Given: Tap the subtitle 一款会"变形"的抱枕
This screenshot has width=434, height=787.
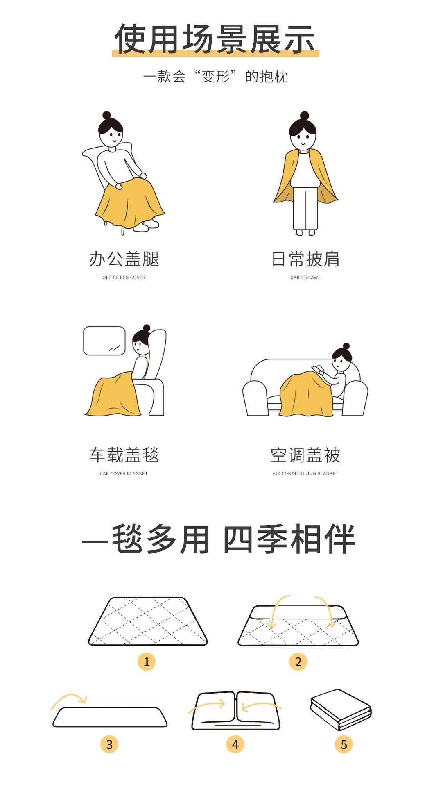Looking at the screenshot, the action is click(x=215, y=76).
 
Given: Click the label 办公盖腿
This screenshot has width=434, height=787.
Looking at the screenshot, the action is click(x=124, y=259).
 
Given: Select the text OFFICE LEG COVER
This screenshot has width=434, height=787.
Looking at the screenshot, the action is click(x=124, y=277).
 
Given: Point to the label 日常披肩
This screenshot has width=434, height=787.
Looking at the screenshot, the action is click(x=305, y=259).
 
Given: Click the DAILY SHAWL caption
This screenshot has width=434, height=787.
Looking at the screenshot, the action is click(x=305, y=277).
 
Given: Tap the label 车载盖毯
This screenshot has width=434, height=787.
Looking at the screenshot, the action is click(x=124, y=455).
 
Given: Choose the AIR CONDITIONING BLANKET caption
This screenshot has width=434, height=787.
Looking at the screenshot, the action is click(x=305, y=473).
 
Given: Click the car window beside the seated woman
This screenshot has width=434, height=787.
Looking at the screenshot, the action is click(x=104, y=341).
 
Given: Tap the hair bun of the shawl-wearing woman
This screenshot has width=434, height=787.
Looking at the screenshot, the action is click(x=304, y=115).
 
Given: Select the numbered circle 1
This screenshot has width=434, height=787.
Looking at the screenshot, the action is click(x=147, y=662).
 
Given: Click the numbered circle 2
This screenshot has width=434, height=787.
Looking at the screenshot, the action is click(x=298, y=662).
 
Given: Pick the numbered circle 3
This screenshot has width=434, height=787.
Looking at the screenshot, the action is click(x=109, y=744).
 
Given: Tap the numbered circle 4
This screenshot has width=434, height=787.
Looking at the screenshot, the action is click(x=235, y=744).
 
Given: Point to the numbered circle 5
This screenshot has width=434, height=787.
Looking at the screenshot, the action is click(x=344, y=744).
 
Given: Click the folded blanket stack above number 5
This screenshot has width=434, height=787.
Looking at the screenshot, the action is click(x=341, y=710).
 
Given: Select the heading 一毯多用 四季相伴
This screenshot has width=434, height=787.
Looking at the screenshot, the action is click(x=218, y=539).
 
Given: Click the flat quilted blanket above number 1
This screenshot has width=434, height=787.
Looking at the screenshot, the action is click(x=148, y=621).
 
